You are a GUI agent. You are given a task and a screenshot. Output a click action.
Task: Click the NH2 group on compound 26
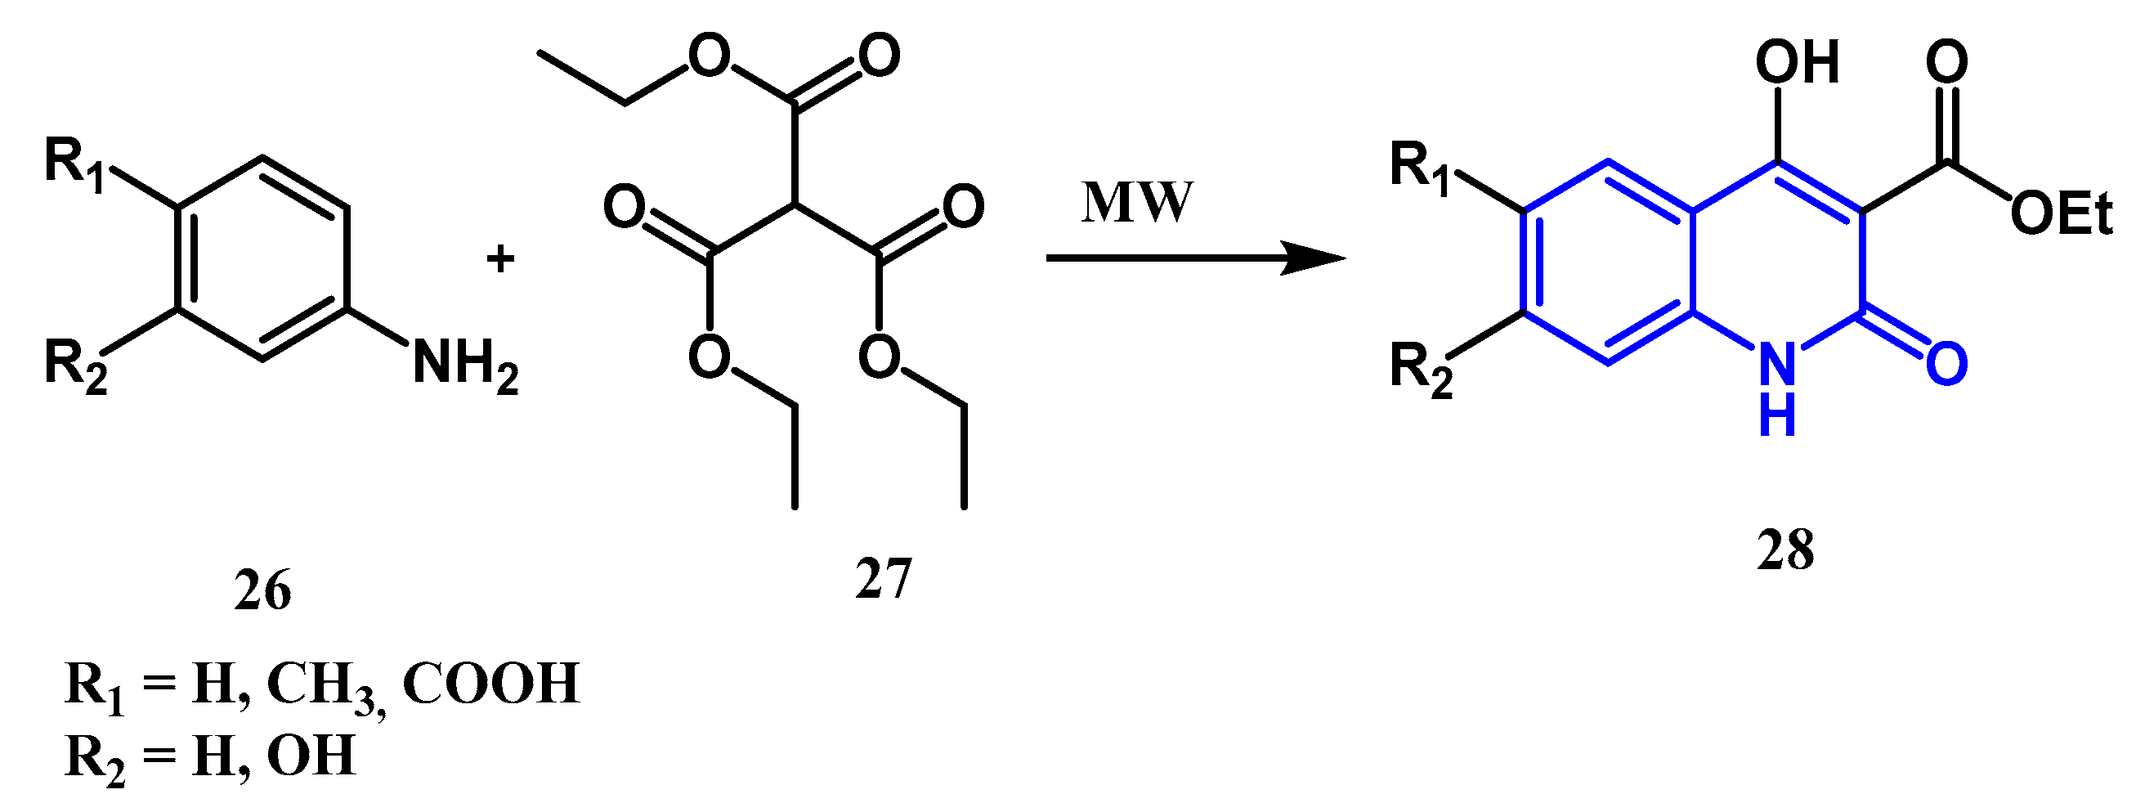click(x=464, y=365)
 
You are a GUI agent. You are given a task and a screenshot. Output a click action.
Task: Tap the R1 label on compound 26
click(x=74, y=164)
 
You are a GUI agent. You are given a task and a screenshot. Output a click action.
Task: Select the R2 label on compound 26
click(x=74, y=365)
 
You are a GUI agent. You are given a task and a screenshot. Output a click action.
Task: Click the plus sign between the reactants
click(x=500, y=258)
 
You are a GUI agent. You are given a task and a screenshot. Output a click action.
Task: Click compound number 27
click(x=883, y=578)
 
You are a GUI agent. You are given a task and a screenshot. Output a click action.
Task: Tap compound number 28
click(x=1785, y=549)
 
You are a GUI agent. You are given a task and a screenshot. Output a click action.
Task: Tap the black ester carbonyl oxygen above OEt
click(x=1946, y=61)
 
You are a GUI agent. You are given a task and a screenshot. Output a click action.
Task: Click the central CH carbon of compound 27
click(x=795, y=204)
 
